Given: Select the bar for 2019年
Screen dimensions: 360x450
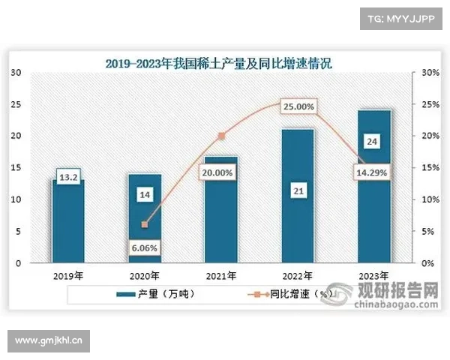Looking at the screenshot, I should point(67,225).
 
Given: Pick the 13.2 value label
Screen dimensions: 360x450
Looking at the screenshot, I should point(67,178).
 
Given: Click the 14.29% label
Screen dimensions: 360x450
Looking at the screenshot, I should point(374,173).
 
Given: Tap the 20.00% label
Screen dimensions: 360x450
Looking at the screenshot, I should point(220,172).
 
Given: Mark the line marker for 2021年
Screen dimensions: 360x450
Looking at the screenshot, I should point(220,136).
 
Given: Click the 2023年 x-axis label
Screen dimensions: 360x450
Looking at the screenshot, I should point(374,275).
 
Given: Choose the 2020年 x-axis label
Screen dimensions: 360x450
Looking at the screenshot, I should point(144,275).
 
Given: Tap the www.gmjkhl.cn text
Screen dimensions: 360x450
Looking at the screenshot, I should point(47,342).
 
